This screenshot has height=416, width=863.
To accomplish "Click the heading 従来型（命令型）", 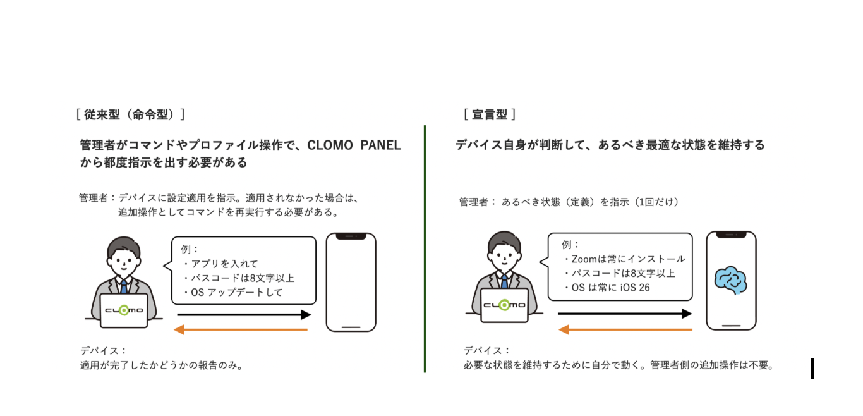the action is point(130,114).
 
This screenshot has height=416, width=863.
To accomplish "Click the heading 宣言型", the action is point(490,114).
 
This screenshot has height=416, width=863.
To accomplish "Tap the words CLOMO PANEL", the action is point(354,145).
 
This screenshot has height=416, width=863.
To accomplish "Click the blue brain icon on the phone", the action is point(730,281).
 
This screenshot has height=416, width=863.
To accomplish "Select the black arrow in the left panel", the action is point(244,315).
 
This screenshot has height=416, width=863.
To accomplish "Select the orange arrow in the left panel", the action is point(241,329).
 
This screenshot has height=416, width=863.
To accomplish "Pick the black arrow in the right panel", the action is point(625,314).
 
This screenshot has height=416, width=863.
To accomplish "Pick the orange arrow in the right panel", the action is point(625,329).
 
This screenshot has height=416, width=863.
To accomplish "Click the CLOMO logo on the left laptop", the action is point(124,310).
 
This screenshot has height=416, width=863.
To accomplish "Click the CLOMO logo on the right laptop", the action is point(504,305).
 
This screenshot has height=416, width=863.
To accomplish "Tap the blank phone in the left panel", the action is point(351,282).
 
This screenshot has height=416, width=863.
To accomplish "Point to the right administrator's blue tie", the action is point(504,281).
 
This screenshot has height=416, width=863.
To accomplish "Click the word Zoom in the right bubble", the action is point(584,259).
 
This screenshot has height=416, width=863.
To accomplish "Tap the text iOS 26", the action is point(635,288).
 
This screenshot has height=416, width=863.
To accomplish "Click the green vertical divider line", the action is point(425,248).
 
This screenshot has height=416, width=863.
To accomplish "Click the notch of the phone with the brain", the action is point(731,235).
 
